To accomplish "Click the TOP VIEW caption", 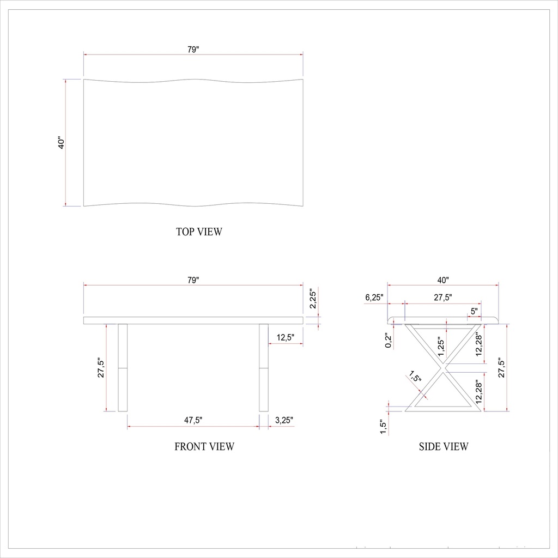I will (199, 232).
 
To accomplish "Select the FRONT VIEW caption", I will (204, 447).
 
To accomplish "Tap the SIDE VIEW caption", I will (443, 447).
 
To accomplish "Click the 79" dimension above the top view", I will (193, 50).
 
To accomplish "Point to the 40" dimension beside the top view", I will (62, 143).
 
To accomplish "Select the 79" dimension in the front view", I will (193, 280).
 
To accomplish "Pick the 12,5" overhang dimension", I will (286, 338).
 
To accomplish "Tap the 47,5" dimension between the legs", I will (193, 420).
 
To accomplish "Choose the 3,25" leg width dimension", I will (284, 420).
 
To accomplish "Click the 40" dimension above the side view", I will (443, 280).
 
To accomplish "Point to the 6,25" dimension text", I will (374, 298).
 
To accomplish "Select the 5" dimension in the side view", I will (474, 311).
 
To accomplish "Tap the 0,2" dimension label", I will (388, 341).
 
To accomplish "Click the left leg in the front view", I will (123, 368).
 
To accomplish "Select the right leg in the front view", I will (264, 368).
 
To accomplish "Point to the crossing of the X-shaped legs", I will (443, 368).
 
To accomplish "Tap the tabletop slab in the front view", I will (193, 320).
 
